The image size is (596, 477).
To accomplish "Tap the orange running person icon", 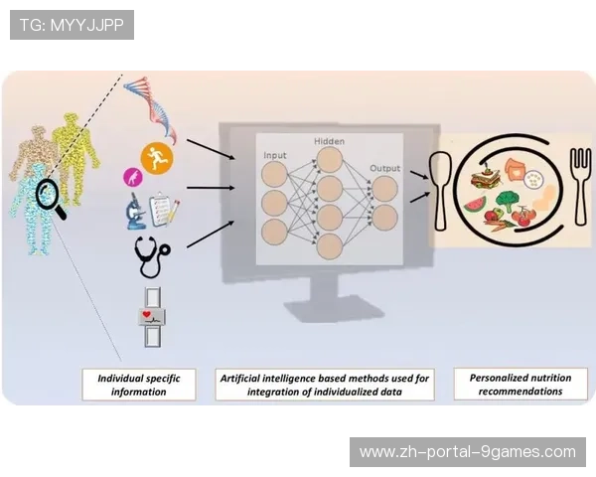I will pos(155,156).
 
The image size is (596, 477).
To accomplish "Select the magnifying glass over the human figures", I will pos(49,197).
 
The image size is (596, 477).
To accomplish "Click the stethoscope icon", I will pos(151,255).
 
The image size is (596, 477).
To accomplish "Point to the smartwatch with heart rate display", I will pos(152,316).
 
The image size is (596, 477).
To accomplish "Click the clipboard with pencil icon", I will pos(163,210).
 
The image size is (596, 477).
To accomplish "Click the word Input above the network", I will pos(274,156).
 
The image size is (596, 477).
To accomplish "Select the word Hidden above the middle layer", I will pos(329,141).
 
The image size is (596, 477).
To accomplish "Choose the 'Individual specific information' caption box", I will pos(139,385).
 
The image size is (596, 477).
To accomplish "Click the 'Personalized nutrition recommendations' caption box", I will pos(520,384).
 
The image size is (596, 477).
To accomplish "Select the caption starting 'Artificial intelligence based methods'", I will pos(325,385).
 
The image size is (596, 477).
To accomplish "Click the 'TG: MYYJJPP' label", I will pos(72,25).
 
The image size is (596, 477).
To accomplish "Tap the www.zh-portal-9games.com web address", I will pos(468,452).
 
